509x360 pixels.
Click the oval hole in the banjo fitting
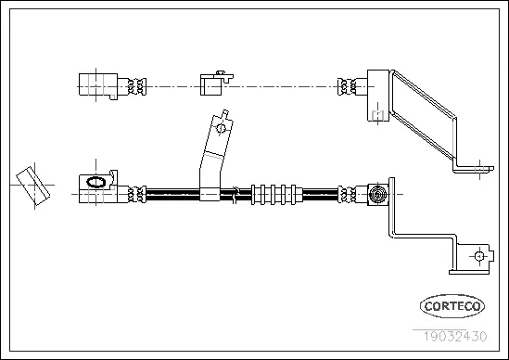click(94, 183)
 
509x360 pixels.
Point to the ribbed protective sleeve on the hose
click(276, 194)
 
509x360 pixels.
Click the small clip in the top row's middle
click(212, 84)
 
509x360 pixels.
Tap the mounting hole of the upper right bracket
click(484, 168)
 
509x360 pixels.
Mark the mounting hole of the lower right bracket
click(478, 256)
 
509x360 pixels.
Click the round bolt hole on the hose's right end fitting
click(377, 194)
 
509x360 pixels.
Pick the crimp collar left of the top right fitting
click(349, 85)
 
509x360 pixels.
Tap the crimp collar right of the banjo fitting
click(138, 194)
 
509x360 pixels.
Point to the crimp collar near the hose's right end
click(349, 194)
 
